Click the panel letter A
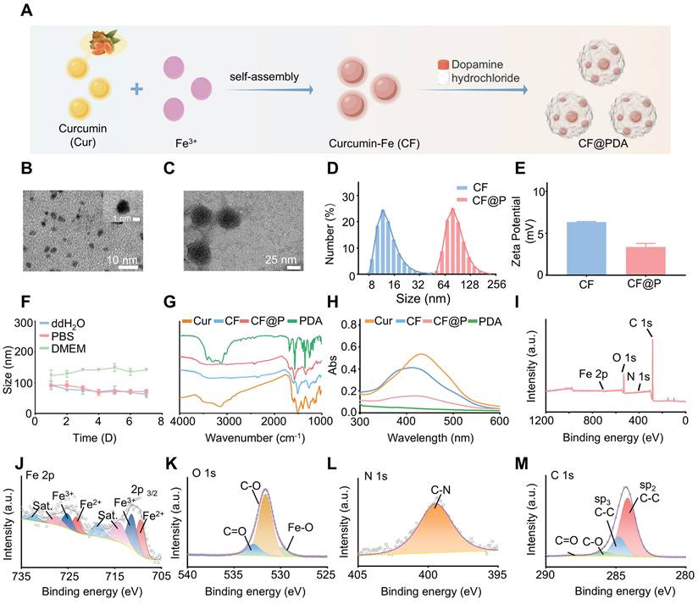[25, 11]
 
